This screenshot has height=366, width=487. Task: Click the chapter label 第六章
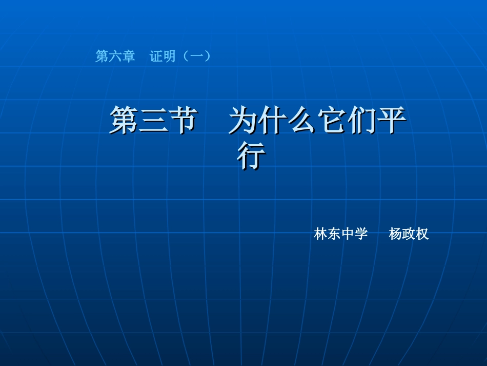pos(115,56)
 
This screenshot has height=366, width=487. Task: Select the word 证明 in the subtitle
pos(163,56)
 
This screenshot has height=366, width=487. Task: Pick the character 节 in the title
pos(182,121)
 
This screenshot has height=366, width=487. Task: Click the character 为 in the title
pos(243,121)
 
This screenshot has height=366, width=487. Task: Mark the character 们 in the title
pos(362,121)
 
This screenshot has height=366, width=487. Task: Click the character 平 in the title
pos(392,121)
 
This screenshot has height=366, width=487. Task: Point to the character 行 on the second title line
pos(251,157)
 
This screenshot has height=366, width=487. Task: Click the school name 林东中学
pos(341,235)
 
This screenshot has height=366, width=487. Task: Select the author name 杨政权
pos(409,235)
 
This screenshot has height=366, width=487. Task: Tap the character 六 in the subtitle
pos(115,56)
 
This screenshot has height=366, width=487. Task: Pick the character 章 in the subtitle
pos(128,56)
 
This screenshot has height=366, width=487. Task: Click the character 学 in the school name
pos(361,235)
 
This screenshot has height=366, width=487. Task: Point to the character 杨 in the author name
pos(395,235)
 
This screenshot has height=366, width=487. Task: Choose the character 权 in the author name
pos(422,235)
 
